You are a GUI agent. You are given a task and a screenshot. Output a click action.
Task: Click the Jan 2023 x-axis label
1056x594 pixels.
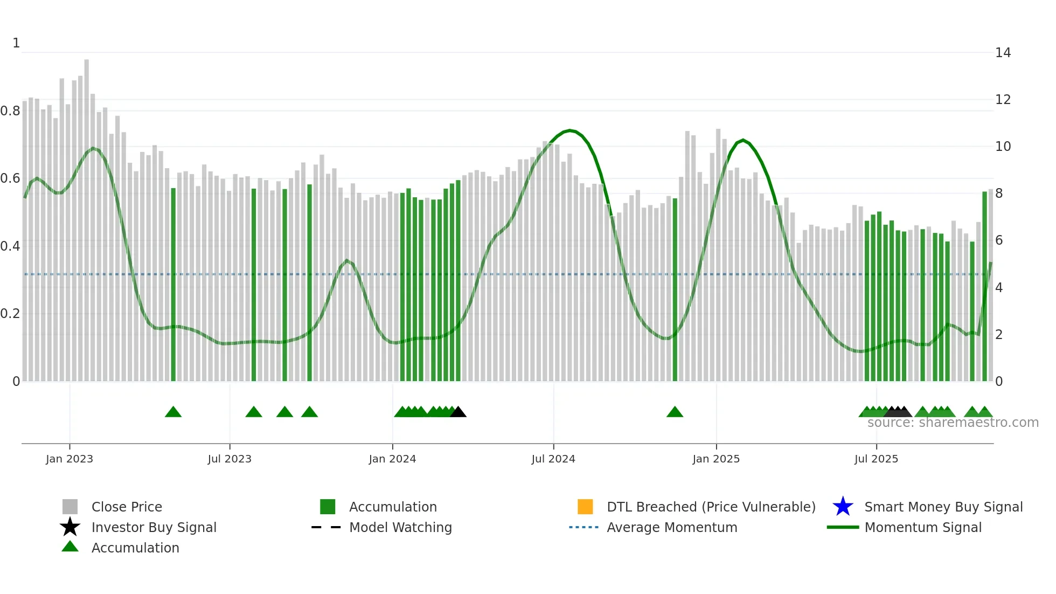click(70, 459)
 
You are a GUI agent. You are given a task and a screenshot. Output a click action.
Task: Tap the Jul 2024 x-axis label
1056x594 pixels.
click(553, 459)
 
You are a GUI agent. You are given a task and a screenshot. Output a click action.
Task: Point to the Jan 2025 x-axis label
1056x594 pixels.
click(716, 459)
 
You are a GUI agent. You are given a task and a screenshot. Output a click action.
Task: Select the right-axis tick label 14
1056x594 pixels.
click(1003, 53)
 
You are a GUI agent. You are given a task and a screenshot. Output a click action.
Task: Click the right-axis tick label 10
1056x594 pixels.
click(1003, 147)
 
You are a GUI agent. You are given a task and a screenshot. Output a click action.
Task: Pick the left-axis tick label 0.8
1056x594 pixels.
click(10, 111)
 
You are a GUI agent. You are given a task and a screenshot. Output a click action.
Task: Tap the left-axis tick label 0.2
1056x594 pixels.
click(10, 314)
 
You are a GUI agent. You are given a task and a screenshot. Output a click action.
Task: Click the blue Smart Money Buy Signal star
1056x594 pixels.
click(843, 507)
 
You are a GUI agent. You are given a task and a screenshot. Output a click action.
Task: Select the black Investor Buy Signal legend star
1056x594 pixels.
click(70, 527)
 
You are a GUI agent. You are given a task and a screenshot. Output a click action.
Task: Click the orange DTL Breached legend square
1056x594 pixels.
click(585, 507)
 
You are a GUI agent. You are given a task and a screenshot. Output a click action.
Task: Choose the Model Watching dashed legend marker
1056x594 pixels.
click(326, 527)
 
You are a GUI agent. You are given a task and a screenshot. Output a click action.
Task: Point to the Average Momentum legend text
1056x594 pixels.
click(672, 527)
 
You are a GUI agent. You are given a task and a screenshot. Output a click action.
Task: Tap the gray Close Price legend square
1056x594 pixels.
click(70, 507)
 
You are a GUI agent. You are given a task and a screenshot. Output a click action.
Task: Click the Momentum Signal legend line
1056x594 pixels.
click(843, 527)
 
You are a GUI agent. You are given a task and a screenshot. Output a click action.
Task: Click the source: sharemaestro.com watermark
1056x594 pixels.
click(953, 423)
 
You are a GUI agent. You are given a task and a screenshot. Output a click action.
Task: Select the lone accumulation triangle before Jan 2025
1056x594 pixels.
click(675, 412)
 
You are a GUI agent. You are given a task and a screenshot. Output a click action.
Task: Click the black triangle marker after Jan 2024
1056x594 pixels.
click(458, 412)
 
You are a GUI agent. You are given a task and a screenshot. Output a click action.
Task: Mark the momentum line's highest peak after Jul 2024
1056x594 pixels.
click(570, 130)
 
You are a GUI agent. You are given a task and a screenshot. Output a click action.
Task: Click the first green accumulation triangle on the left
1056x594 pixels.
click(173, 412)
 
